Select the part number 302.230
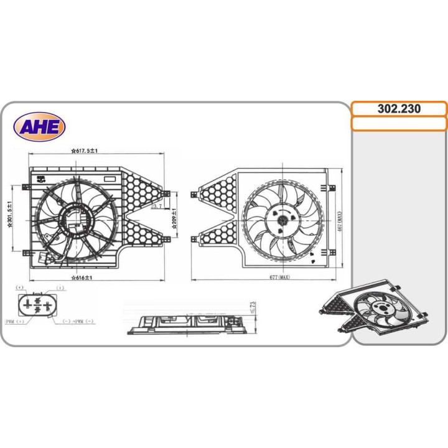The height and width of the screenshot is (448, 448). click(399, 109)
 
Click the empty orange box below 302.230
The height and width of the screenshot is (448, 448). click(399, 124)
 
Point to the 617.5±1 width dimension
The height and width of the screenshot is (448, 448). click(86, 151)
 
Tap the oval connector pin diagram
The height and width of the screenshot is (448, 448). click(37, 306)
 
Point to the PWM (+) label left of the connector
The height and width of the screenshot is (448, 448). click(14, 321)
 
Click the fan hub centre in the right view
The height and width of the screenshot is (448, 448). click(282, 219)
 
